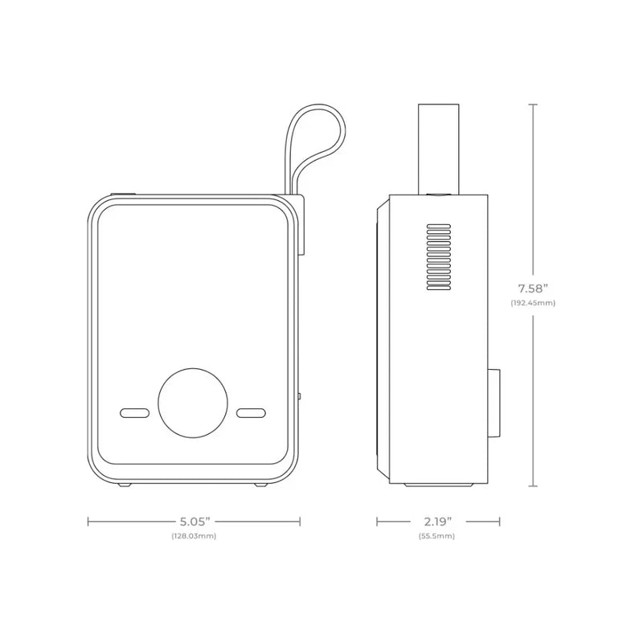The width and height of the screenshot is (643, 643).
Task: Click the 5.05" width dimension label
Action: [x=193, y=521]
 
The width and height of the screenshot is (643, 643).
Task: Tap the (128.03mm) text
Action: [x=193, y=535]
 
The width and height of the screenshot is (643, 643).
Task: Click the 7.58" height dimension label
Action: [x=533, y=288]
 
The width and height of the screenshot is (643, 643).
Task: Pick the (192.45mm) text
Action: [x=533, y=303]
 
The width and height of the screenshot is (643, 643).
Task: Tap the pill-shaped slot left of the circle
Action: [x=135, y=413]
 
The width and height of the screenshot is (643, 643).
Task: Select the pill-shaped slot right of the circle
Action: [x=252, y=413]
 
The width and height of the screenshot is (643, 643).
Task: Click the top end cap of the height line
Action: [x=533, y=104]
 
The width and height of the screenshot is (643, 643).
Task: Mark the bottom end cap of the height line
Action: [x=533, y=486]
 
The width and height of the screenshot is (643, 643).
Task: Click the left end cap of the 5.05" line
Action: [x=88, y=521]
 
